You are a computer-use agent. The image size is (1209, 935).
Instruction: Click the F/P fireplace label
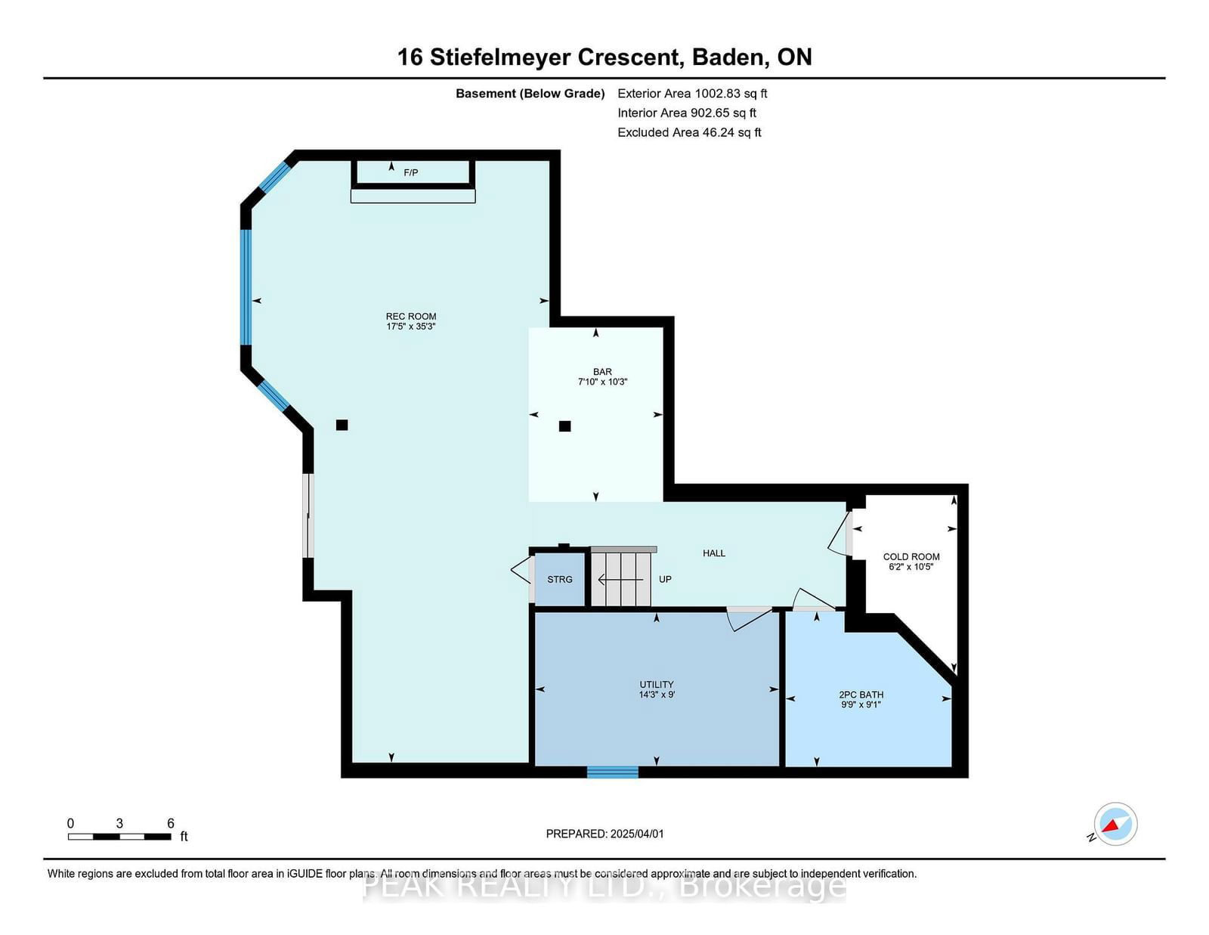tap(410, 172)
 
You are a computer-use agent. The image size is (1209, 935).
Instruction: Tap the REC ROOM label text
tap(411, 316)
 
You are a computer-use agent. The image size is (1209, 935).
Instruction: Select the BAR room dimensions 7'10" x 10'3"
tap(602, 382)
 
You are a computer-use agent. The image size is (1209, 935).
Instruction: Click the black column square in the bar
tap(564, 426)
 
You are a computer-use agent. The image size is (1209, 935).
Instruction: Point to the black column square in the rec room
tap(342, 426)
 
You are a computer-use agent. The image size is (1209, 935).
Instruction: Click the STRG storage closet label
tap(560, 579)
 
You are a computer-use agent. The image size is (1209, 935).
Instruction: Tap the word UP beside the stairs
tap(665, 579)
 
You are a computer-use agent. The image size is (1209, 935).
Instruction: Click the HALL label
tap(714, 553)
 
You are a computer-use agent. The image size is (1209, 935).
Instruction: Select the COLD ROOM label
tap(911, 556)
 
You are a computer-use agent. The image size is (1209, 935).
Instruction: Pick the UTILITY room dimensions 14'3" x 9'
tap(657, 695)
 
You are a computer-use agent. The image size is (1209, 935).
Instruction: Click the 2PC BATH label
tap(861, 695)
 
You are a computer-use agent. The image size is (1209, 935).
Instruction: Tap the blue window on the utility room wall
tap(613, 772)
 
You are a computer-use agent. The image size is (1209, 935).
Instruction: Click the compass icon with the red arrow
tap(1115, 824)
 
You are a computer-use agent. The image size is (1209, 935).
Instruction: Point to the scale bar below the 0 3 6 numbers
tap(119, 837)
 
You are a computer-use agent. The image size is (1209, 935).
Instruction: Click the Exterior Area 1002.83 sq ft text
tap(692, 94)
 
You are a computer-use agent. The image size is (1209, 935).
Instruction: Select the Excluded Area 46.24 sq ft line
tap(689, 132)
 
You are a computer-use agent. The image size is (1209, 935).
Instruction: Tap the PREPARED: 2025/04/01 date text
tap(604, 834)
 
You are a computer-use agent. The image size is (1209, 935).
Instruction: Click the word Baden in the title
tap(727, 57)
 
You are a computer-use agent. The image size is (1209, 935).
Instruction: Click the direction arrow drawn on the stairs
tap(620, 580)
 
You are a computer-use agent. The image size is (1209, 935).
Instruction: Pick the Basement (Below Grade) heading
tap(530, 94)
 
